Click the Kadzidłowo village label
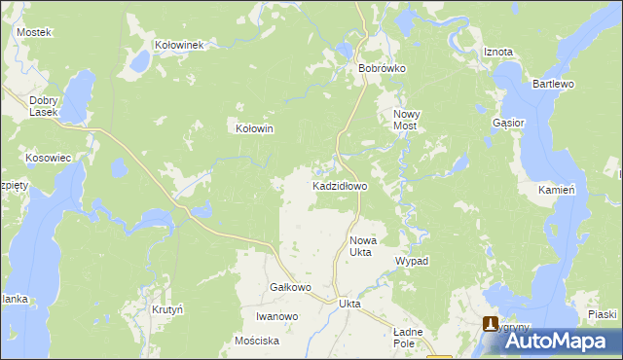pyautogui.click(x=339, y=185)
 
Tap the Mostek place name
pyautogui.click(x=33, y=32)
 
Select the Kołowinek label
pyautogui.click(x=178, y=45)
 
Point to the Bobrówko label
pyautogui.click(x=382, y=69)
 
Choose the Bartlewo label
pyautogui.click(x=553, y=85)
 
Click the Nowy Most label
pyautogui.click(x=405, y=121)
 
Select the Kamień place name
pyautogui.click(x=558, y=191)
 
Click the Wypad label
pyautogui.click(x=412, y=262)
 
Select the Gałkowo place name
pyautogui.click(x=289, y=288)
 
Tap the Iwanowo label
pyautogui.click(x=276, y=316)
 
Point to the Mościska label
pyautogui.click(x=257, y=341)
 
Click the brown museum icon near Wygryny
pyautogui.click(x=492, y=324)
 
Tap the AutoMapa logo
pyautogui.click(x=556, y=341)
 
